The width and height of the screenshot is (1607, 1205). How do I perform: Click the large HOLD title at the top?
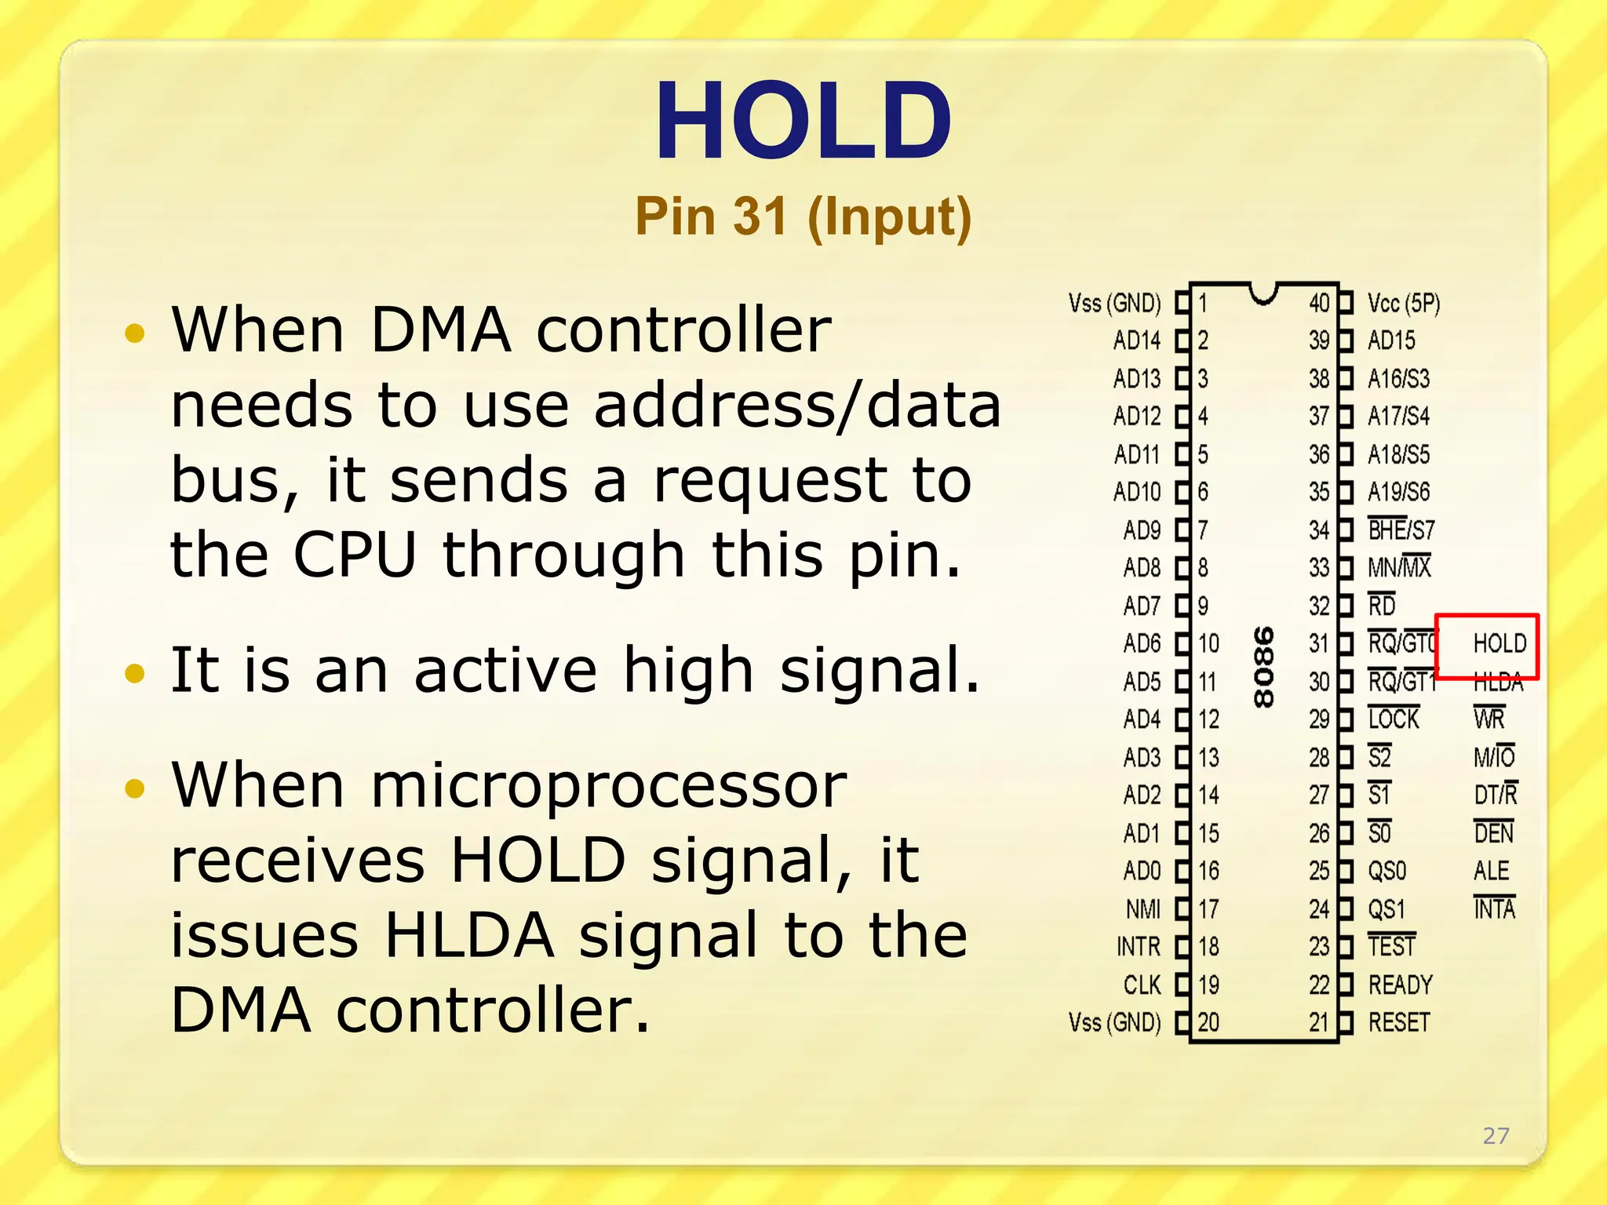tap(803, 122)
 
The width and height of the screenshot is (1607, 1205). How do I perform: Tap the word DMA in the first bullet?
tap(440, 329)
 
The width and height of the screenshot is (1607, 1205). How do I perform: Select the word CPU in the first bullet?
tap(354, 555)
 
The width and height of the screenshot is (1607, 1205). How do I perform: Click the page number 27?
tap(1496, 1135)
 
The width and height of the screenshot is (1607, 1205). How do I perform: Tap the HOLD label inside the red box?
tap(1500, 644)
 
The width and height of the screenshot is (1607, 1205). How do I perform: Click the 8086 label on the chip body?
tap(1263, 667)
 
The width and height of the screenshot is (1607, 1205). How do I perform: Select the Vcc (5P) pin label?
tap(1404, 304)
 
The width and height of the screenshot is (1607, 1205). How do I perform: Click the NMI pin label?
tap(1142, 909)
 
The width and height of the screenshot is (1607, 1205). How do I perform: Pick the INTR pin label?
tap(1138, 947)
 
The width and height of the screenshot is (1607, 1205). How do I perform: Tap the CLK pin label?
tap(1142, 985)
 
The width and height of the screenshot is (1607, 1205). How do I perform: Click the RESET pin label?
tap(1399, 1023)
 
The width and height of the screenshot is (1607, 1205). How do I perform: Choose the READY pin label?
tap(1400, 985)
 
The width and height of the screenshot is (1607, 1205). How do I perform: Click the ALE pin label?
tap(1491, 871)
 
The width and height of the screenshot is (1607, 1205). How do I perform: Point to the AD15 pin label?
tap(1391, 340)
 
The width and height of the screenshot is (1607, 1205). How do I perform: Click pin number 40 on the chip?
tap(1319, 304)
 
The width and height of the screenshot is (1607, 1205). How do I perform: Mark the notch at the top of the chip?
tap(1263, 294)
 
